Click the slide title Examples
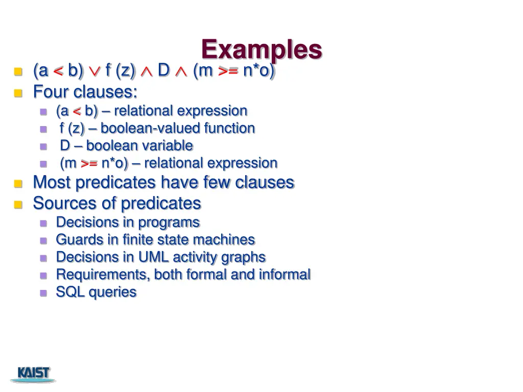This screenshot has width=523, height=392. coord(261,50)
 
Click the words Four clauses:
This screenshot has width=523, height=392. coord(85,92)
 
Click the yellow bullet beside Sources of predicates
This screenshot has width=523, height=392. coord(18,204)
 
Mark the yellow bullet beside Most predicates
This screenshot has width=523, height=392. coord(18,183)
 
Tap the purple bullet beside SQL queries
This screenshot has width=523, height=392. coord(43,293)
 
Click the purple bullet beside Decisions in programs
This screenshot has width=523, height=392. coord(43,223)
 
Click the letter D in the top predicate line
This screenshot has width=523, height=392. coord(163,70)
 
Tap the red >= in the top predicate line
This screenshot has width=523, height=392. coord(228,71)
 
